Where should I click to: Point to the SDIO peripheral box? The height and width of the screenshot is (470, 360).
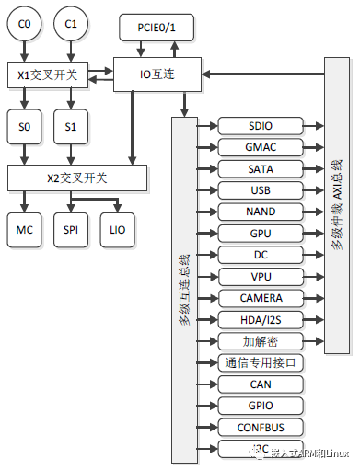pos(261,126)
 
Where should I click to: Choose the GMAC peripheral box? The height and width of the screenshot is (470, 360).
pos(261,147)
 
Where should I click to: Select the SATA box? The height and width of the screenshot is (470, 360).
pos(261,168)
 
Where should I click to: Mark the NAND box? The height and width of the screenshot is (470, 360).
pos(261,212)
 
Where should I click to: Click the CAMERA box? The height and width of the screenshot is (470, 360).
pos(261,298)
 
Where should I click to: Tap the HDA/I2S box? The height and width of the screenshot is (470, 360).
pos(261,319)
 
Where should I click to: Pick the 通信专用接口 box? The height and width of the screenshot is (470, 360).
pos(261,362)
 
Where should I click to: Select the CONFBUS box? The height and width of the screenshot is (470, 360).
pos(261,427)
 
